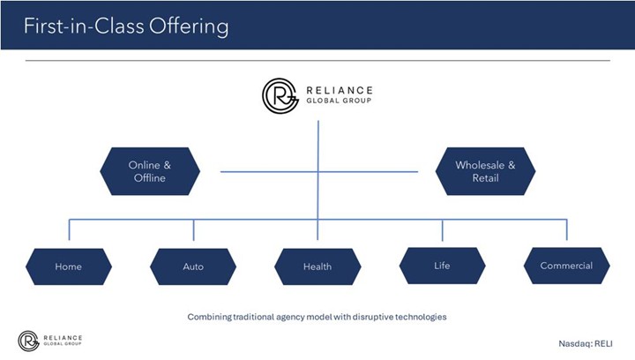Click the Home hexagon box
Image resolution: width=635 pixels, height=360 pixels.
pos(68,266)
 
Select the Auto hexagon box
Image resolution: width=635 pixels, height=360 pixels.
pos(192,266)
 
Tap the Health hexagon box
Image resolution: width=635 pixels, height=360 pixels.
pos(317,266)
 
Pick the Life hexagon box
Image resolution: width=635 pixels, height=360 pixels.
pos(442,265)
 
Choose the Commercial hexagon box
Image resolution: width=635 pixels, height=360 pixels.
pos(566,265)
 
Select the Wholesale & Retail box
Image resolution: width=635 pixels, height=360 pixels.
pos(485,171)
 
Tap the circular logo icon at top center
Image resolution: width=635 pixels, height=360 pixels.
pos(280,95)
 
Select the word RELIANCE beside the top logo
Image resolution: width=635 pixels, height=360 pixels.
pos(339,90)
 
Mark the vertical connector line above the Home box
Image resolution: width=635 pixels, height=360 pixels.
pos(69,229)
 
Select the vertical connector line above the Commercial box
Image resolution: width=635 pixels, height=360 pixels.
pos(566,229)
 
